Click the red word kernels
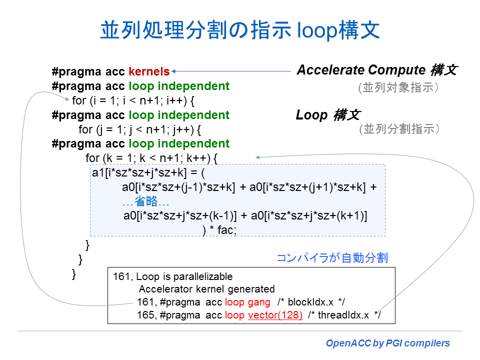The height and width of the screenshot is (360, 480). click(149, 71)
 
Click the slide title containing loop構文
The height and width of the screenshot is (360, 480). click(240, 30)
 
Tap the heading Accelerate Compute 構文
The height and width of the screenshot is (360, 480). click(377, 70)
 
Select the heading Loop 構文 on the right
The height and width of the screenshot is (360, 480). click(328, 115)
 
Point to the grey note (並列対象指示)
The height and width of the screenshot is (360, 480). click(398, 87)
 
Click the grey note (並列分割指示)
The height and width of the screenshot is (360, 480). click(399, 129)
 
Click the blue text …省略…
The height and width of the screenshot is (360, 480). click(145, 201)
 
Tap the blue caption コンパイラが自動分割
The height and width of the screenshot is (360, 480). click(332, 258)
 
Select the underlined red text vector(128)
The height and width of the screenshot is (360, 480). click(275, 315)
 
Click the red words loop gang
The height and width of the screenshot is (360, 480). click(247, 302)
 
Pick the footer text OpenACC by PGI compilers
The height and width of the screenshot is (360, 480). click(388, 343)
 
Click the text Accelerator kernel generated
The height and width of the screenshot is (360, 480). click(207, 289)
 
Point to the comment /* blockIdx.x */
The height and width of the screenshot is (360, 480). click(311, 302)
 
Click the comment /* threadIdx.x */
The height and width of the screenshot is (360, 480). click(344, 315)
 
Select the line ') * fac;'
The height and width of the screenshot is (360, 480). click(219, 230)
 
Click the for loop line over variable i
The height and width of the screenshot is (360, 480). click(133, 100)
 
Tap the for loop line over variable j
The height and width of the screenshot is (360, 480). click(140, 129)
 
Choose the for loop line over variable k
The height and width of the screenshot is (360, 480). click(151, 158)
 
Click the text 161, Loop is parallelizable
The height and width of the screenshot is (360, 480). click(173, 276)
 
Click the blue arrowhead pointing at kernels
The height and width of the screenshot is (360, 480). click(173, 71)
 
